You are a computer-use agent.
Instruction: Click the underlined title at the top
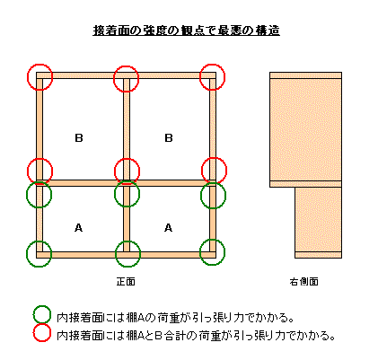[186, 31]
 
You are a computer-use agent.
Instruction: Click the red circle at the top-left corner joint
[28, 77]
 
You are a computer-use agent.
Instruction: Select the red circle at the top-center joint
[114, 79]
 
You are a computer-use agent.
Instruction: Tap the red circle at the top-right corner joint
[200, 77]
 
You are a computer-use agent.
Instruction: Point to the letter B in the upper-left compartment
[79, 138]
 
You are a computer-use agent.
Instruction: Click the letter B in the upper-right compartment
[169, 138]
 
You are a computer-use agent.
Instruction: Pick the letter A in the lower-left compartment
[78, 228]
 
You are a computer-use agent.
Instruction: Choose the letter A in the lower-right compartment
[168, 228]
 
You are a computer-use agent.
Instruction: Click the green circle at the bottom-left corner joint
[27, 254]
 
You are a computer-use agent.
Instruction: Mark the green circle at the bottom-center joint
[116, 254]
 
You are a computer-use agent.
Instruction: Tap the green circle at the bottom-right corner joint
[200, 252]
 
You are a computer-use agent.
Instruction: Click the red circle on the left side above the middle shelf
[28, 171]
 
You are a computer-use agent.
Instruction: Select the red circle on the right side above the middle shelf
[202, 171]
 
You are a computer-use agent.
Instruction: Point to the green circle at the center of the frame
[115, 194]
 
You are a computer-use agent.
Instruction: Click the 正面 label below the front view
[126, 282]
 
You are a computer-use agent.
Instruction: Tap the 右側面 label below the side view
[304, 282]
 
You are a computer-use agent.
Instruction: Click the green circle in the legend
[33, 315]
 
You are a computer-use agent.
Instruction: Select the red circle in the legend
[33, 333]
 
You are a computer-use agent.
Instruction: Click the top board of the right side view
[305, 75]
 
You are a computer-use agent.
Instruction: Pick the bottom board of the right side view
[319, 255]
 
